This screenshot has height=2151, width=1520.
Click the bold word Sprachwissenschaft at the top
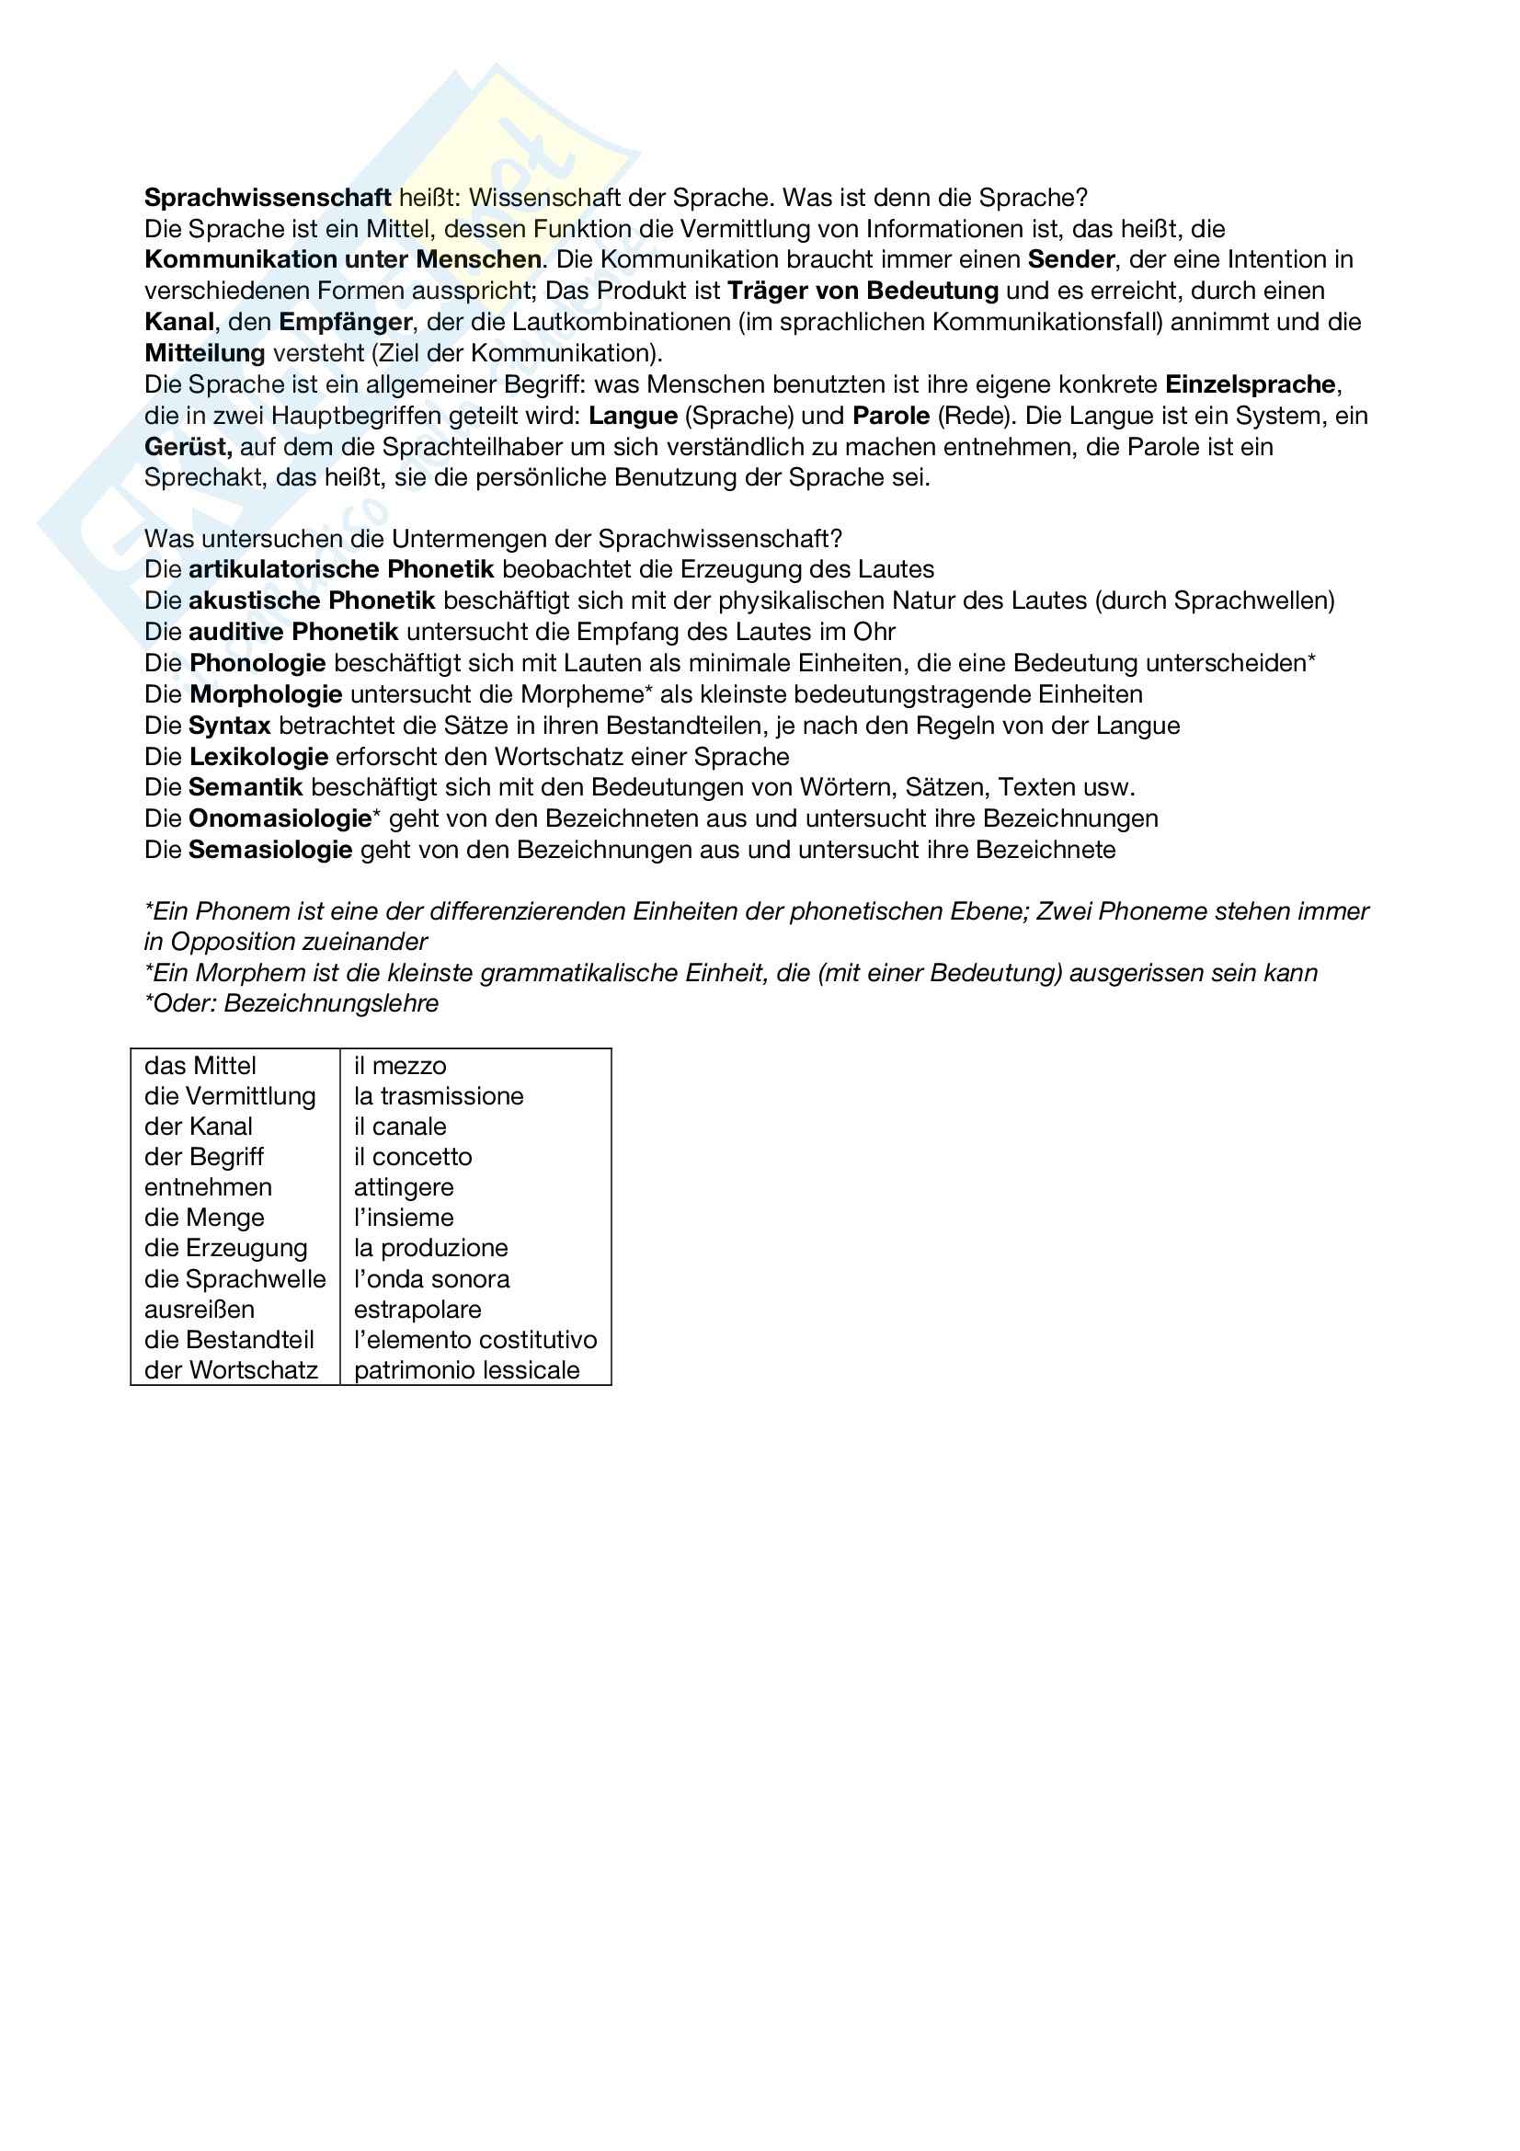[267, 198]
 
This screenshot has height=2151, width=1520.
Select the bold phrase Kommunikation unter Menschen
[343, 259]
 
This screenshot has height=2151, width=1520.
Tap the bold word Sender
[1070, 259]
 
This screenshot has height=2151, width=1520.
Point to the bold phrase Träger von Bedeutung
[863, 291]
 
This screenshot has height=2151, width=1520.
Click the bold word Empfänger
[345, 322]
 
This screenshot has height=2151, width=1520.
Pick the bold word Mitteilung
[204, 353]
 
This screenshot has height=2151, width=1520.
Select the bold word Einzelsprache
[1250, 384]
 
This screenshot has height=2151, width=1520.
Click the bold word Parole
[891, 416]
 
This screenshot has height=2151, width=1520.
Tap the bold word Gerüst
[189, 447]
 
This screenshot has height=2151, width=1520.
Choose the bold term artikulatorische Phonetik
[341, 569]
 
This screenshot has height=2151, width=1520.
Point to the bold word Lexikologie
[258, 757]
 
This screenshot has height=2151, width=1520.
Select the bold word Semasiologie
[269, 850]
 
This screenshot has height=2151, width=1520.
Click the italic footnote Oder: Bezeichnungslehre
[291, 1003]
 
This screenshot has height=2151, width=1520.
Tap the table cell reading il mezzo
[400, 1066]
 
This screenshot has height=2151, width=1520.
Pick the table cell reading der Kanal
[199, 1127]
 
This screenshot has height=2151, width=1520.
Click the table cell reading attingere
[404, 1188]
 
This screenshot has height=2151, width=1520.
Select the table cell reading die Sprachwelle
[235, 1279]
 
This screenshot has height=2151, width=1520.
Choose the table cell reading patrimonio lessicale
[466, 1370]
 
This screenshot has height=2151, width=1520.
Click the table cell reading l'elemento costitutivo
[474, 1340]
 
